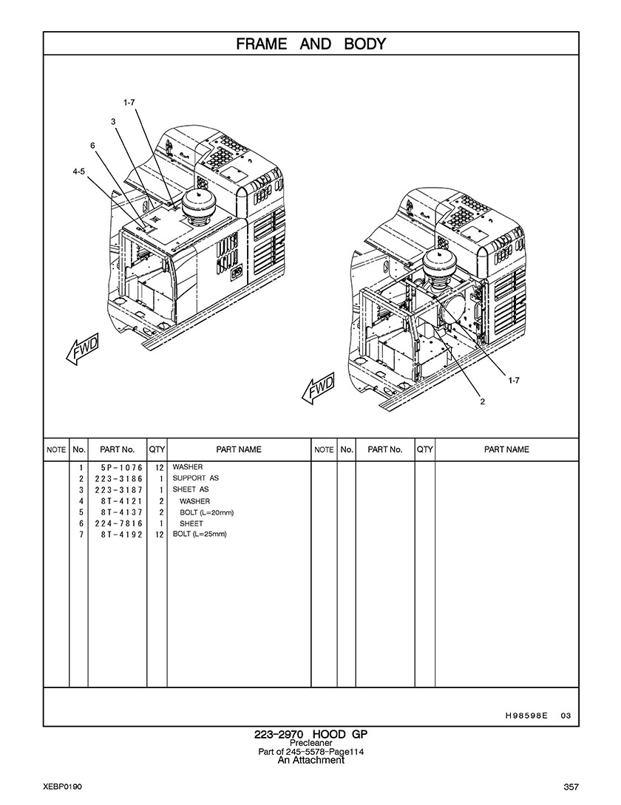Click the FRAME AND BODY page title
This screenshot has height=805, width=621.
[310, 44]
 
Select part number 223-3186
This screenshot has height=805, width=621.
[118, 478]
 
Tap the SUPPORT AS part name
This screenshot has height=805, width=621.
[196, 478]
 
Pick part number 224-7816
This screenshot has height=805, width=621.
[118, 523]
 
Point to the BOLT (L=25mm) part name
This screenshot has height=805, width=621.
[200, 534]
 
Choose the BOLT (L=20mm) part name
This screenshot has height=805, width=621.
[207, 512]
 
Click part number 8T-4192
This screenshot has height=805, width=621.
[121, 534]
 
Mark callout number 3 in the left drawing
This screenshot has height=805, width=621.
[113, 122]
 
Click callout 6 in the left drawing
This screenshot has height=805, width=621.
[92, 146]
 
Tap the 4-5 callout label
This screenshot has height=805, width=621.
[78, 172]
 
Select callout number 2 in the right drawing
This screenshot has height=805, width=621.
[482, 401]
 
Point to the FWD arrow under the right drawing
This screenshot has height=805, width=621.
[318, 387]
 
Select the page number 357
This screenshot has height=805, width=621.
[571, 787]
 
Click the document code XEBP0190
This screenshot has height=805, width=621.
[63, 787]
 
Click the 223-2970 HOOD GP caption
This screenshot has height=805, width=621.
[310, 734]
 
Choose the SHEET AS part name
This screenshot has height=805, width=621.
[191, 489]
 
